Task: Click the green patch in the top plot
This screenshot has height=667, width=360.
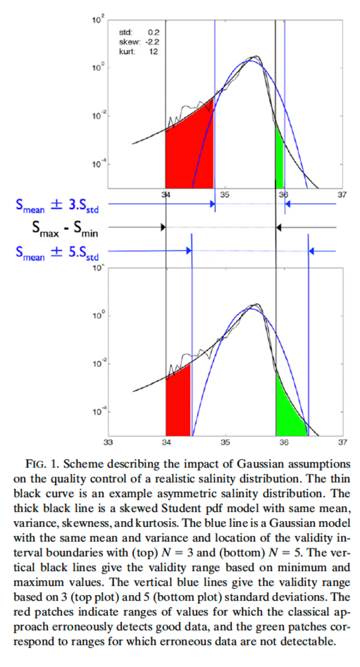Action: pyautogui.click(x=279, y=161)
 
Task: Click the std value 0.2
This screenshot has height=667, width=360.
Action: pyautogui.click(x=153, y=32)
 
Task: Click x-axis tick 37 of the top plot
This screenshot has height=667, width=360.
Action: pyautogui.click(x=342, y=195)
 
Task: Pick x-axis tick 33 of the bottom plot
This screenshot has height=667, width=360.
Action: pyautogui.click(x=108, y=442)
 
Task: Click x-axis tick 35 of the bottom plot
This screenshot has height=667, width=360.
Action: pyautogui.click(x=225, y=442)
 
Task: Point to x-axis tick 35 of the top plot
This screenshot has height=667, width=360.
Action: pyautogui.click(x=225, y=195)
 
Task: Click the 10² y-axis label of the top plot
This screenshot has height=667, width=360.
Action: pyautogui.click(x=97, y=20)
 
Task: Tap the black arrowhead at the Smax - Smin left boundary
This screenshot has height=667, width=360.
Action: pyautogui.click(x=163, y=227)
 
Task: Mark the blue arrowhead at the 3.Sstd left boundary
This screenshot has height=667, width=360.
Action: pyautogui.click(x=212, y=204)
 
